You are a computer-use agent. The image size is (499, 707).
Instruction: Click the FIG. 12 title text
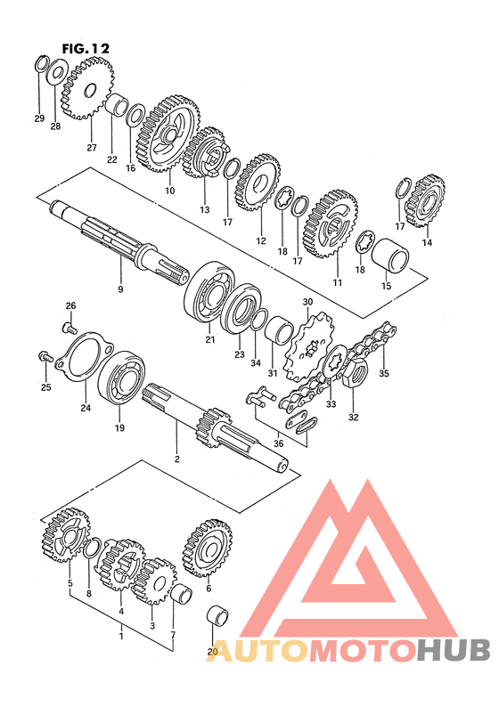pos(86,48)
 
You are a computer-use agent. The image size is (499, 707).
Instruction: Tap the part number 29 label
pos(39,118)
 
